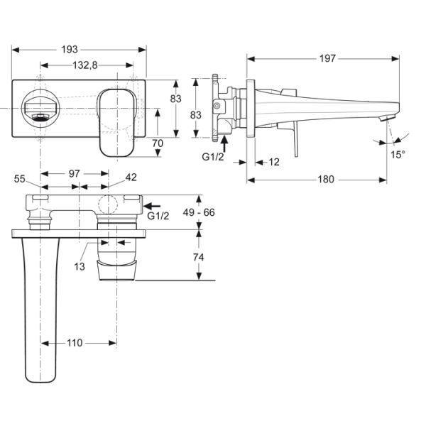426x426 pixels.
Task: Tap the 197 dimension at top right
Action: click(326, 59)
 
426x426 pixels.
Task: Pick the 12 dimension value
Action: click(274, 162)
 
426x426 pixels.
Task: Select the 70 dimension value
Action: click(158, 143)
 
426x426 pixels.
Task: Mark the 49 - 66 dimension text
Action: click(198, 212)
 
